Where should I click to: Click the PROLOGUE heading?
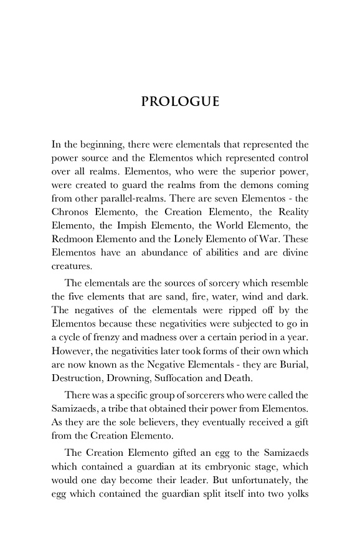click(180, 101)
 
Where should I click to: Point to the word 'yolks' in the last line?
click(296, 509)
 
